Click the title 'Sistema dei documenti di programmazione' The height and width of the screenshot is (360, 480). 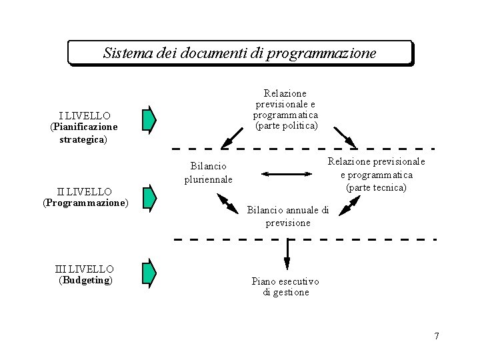(x=240, y=53)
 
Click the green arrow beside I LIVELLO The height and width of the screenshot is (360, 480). (x=149, y=119)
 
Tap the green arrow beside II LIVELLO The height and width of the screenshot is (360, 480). (x=149, y=197)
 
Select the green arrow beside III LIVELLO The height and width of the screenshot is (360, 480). (x=149, y=271)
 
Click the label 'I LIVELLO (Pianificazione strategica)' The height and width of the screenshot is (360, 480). (x=83, y=127)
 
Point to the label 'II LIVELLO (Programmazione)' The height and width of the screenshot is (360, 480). (x=85, y=197)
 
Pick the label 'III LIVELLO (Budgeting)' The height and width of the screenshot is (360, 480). (x=85, y=274)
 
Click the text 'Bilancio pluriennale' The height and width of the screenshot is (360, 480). (x=209, y=172)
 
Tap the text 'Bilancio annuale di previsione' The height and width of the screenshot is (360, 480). (x=288, y=216)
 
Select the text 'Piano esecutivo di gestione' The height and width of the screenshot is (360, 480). (x=286, y=287)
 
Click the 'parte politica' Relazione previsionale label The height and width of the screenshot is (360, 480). (x=286, y=109)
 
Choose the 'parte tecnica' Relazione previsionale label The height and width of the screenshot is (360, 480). (x=376, y=175)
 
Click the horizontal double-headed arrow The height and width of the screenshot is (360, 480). (x=287, y=175)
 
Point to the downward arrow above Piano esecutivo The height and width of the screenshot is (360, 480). (x=287, y=253)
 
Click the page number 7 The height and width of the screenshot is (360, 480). (x=437, y=336)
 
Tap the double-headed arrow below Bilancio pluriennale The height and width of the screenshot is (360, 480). (x=227, y=203)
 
